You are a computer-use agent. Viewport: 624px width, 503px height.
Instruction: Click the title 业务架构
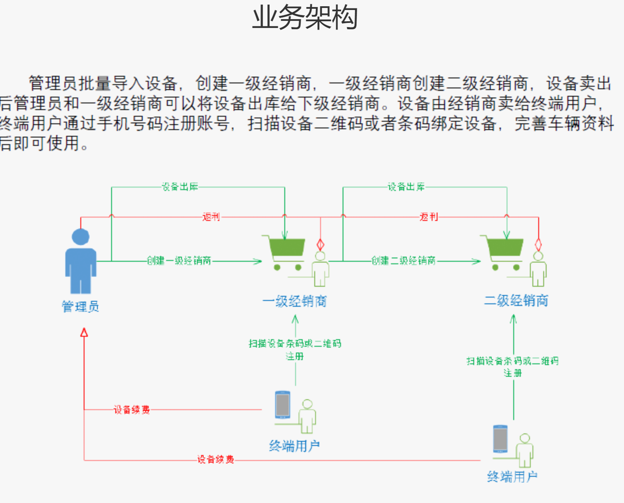click(305, 18)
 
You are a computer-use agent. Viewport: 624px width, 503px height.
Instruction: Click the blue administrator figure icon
click(81, 261)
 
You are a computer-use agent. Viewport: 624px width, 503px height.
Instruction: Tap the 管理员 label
click(80, 307)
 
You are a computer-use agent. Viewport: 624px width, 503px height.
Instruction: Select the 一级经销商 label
click(295, 301)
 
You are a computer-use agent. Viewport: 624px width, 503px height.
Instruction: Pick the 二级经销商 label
click(516, 300)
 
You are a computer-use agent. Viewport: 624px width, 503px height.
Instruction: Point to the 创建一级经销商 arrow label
click(179, 261)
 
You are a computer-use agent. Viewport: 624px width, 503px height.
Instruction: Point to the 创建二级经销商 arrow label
click(403, 261)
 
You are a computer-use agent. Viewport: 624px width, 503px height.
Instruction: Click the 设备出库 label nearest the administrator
click(180, 187)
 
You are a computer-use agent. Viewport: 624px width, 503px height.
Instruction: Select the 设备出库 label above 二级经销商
click(406, 187)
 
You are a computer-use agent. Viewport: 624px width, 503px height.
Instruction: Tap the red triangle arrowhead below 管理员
click(84, 332)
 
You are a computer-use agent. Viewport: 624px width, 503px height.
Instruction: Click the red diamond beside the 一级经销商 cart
click(320, 244)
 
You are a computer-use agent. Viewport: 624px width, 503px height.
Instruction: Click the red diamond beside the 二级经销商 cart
click(538, 244)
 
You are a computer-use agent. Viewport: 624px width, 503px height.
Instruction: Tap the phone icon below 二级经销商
click(500, 438)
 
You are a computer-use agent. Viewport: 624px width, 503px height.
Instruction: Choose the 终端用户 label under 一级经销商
click(295, 446)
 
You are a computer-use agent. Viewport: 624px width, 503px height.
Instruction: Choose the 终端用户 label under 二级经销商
click(512, 476)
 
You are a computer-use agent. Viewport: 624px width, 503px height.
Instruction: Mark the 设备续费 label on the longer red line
click(216, 460)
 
